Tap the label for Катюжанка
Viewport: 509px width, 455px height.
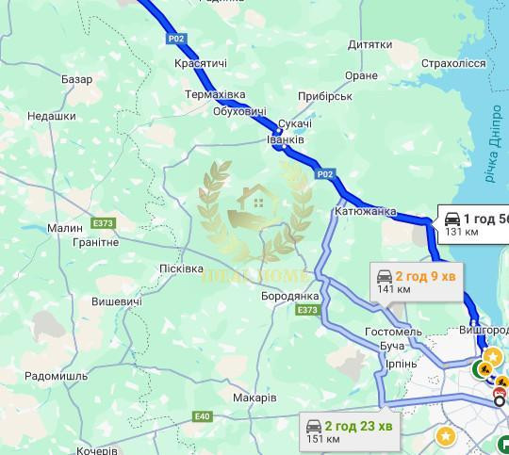pyautogui.click(x=365, y=212)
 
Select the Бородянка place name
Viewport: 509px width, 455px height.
pyautogui.click(x=290, y=296)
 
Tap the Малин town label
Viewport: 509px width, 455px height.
pyautogui.click(x=65, y=227)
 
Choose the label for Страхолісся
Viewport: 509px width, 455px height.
pyautogui.click(x=453, y=63)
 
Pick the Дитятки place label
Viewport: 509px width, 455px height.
pyautogui.click(x=369, y=44)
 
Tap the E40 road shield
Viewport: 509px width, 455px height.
pyautogui.click(x=202, y=415)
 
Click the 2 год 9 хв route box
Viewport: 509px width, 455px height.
pyautogui.click(x=416, y=282)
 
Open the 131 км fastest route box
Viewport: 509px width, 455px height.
pyautogui.click(x=474, y=223)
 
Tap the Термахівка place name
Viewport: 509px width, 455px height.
pyautogui.click(x=215, y=95)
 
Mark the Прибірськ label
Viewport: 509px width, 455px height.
pyautogui.click(x=323, y=97)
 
